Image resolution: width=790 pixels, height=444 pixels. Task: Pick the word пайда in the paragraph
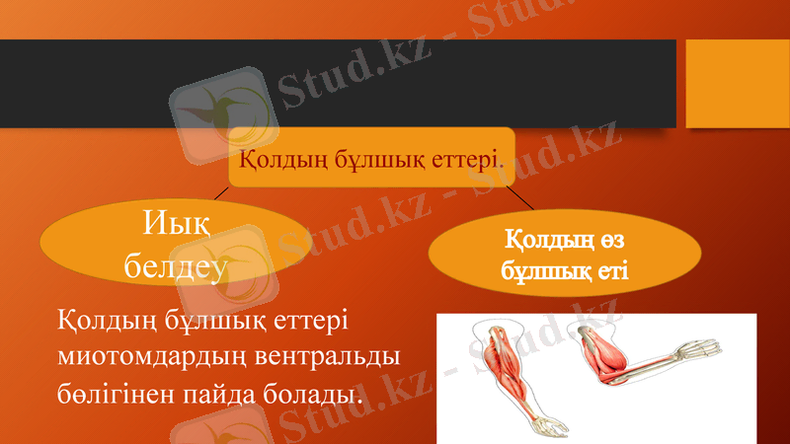click(x=221, y=395)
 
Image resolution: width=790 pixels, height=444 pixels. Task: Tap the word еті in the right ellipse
click(x=612, y=268)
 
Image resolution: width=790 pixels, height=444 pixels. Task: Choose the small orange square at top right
click(x=731, y=83)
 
